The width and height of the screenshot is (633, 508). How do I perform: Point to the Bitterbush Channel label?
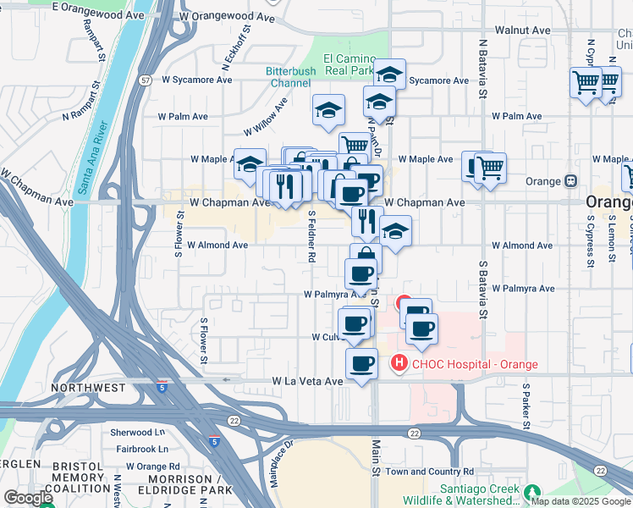pos(290,77)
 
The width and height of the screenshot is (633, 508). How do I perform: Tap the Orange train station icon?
pos(571,181)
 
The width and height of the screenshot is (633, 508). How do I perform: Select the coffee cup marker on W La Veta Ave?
pos(361,364)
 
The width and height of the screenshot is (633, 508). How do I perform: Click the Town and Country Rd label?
pos(430,472)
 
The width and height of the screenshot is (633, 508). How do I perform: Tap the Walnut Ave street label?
pos(522,30)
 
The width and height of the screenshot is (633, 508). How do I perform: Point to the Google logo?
pos(28,498)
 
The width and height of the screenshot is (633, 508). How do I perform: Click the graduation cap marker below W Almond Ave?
pos(395,231)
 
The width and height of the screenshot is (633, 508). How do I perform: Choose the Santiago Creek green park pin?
pos(531,492)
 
